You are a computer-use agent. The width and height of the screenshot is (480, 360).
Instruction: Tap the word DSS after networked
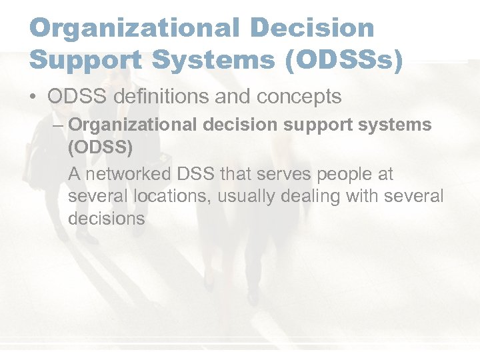194,175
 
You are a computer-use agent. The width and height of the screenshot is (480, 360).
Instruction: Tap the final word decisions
106,219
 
